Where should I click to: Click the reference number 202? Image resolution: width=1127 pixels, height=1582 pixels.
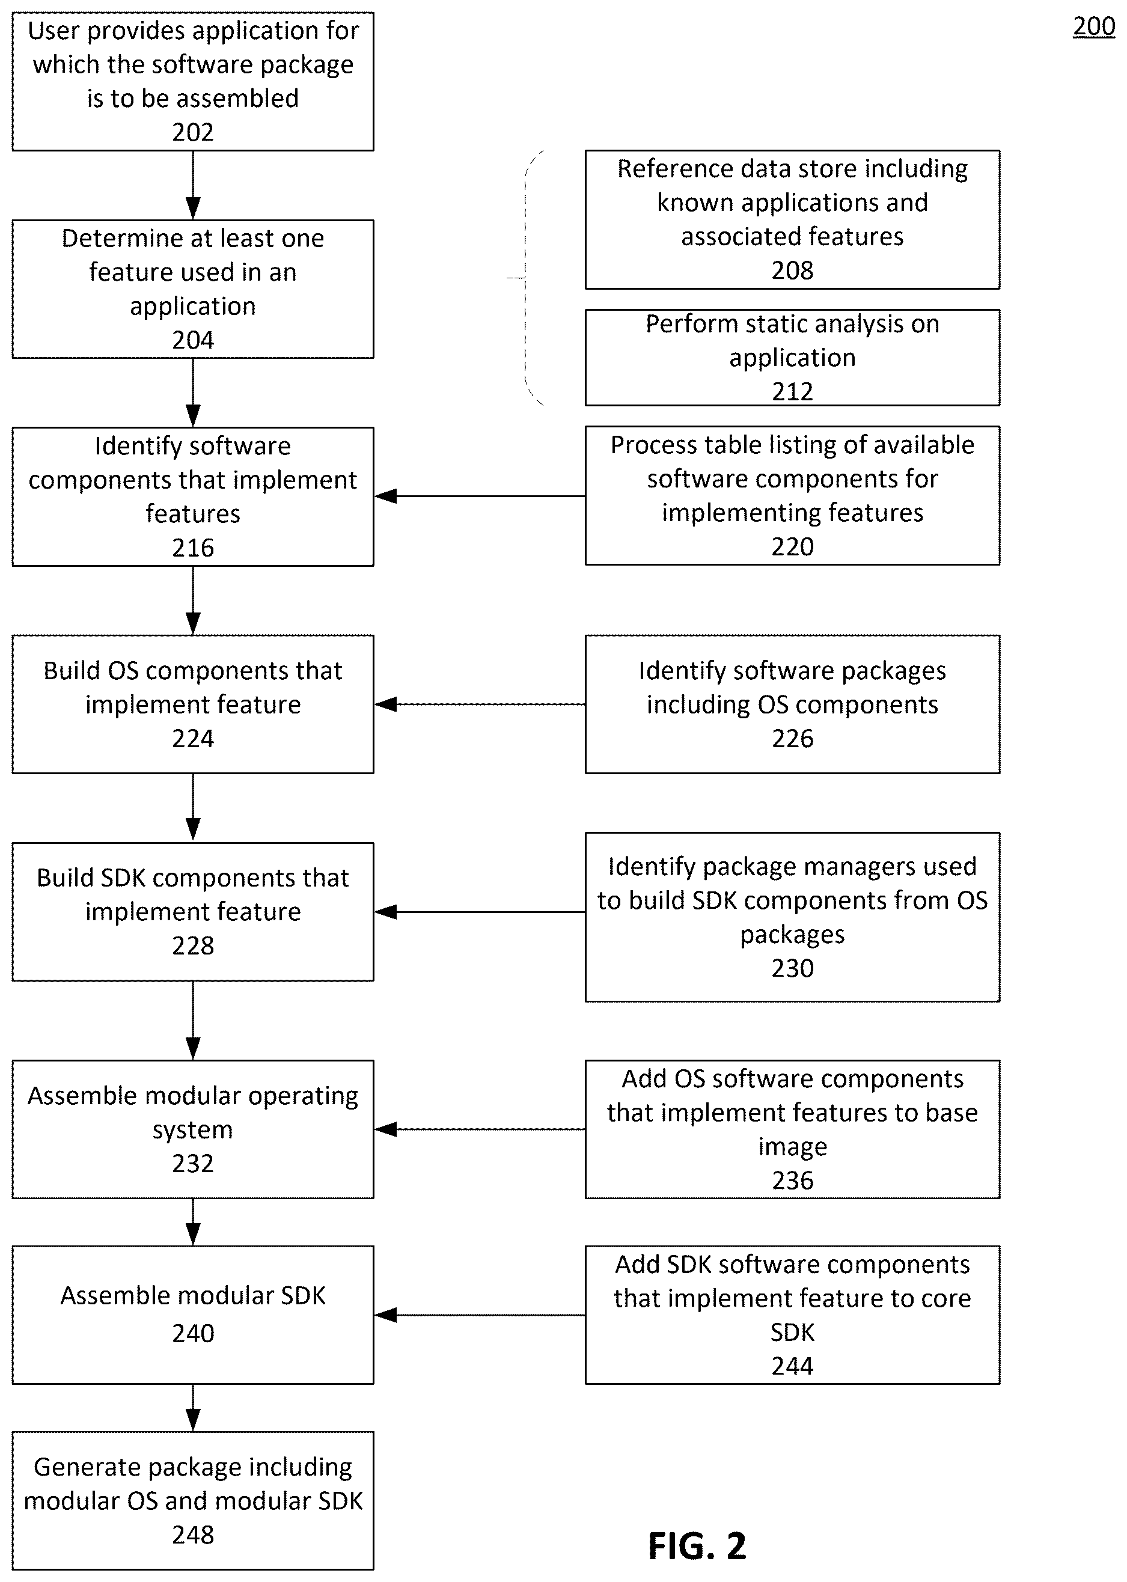tap(193, 132)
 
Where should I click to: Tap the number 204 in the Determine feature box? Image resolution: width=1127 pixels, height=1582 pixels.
tap(193, 340)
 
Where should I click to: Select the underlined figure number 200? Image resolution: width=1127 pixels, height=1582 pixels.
tap(1094, 26)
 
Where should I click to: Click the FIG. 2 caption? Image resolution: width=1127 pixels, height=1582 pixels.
tap(697, 1547)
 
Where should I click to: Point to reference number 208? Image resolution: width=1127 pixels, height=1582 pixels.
tap(793, 270)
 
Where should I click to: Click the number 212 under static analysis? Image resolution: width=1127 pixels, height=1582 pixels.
tap(793, 391)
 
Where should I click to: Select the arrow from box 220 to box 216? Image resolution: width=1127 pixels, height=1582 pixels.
tap(480, 496)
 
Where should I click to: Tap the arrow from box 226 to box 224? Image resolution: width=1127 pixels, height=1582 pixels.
tap(480, 704)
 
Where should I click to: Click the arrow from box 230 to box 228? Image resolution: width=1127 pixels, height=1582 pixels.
tap(480, 912)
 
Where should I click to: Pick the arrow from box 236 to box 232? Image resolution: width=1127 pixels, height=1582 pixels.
tap(480, 1129)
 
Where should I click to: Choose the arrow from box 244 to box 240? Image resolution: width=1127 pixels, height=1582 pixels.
tap(480, 1315)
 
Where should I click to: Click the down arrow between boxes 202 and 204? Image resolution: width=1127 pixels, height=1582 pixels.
tap(193, 185)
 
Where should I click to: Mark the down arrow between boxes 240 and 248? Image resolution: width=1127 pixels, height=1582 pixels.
tap(193, 1408)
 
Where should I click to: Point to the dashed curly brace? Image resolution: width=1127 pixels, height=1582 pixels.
tap(526, 278)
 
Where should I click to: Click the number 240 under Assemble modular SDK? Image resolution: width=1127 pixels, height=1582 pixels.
tap(193, 1333)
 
